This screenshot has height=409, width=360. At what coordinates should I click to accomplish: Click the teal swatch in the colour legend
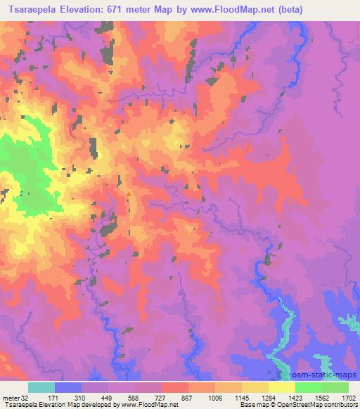click(x=41, y=388)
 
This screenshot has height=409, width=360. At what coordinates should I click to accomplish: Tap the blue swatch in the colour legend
click(x=68, y=388)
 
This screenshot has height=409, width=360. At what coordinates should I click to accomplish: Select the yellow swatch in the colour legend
click(x=282, y=388)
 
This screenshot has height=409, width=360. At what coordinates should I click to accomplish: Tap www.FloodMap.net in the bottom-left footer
click(x=153, y=405)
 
